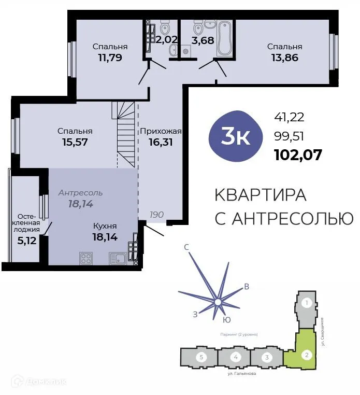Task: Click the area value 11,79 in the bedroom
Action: click(x=109, y=58)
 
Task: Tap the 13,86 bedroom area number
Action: click(x=284, y=58)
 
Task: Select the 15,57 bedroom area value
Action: click(x=75, y=142)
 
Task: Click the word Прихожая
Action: click(x=161, y=131)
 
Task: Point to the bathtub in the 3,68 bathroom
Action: click(x=225, y=37)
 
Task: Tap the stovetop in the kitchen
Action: click(x=86, y=258)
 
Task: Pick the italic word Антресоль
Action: click(x=80, y=193)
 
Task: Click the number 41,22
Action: click(x=289, y=118)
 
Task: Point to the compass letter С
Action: click(x=186, y=247)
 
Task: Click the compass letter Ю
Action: click(x=227, y=320)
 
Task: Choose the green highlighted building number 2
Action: click(x=307, y=355)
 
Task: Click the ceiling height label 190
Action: click(x=157, y=214)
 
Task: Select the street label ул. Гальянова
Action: click(x=242, y=373)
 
